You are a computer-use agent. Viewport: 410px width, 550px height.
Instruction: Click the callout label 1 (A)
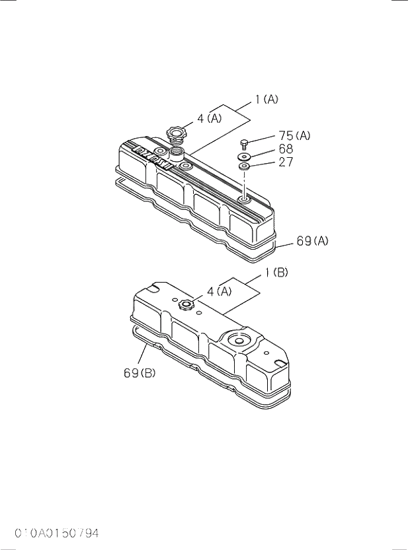[266, 100]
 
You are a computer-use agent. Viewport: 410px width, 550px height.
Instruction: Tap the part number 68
[286, 149]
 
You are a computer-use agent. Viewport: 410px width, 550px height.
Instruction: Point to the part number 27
[286, 162]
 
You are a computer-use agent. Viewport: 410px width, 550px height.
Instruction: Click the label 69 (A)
[312, 242]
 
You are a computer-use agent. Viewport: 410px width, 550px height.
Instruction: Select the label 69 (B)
[140, 373]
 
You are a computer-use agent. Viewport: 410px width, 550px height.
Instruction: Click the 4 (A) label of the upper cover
[210, 120]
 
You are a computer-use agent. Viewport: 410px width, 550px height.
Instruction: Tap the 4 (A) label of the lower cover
[219, 291]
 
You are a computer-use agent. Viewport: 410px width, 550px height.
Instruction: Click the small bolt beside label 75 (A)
[244, 145]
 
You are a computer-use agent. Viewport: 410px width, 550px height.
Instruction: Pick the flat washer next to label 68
[244, 157]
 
